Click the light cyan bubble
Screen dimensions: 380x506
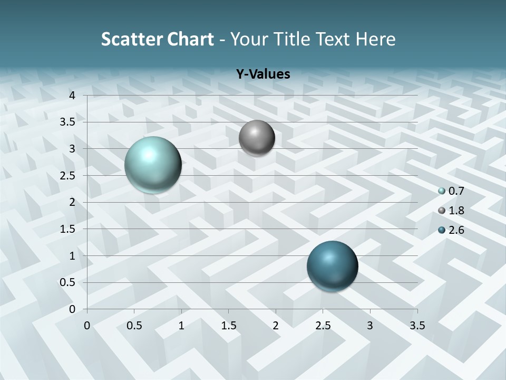(153, 165)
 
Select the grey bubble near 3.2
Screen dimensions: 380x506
(257, 138)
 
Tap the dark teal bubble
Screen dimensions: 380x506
(332, 266)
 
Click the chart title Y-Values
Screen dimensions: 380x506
(263, 74)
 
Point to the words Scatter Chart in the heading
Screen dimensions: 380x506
(157, 39)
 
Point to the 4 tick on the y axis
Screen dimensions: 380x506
(72, 96)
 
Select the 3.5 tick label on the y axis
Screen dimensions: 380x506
(68, 122)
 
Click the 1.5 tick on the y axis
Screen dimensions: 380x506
(68, 229)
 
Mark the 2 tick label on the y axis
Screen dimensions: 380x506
(72, 202)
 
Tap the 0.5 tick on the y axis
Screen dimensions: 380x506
(68, 282)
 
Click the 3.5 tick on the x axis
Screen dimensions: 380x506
(417, 326)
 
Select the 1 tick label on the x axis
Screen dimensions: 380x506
(181, 326)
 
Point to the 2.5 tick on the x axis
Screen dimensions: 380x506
(323, 326)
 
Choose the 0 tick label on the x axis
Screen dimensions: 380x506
(87, 326)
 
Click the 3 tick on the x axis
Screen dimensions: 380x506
(370, 326)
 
